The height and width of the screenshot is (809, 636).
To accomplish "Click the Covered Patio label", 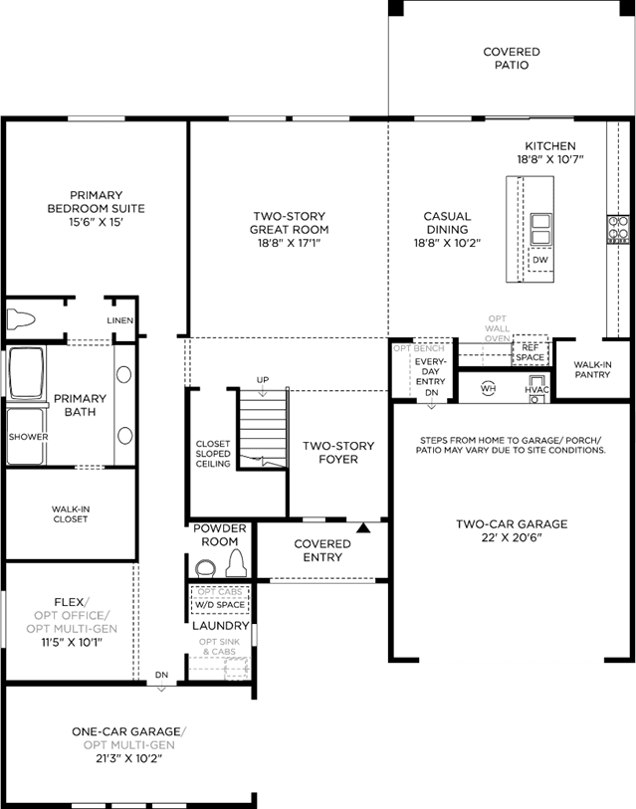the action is tap(512, 59).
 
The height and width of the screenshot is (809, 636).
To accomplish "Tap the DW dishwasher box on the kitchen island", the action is tap(540, 260).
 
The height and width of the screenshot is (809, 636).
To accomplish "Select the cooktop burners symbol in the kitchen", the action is tap(618, 228).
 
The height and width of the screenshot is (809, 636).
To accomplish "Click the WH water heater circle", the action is tap(488, 388).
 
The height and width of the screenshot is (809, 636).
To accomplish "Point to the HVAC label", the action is tap(536, 390).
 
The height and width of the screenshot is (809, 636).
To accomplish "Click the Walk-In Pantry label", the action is tap(592, 369).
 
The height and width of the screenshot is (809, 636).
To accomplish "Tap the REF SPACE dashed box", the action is tap(530, 351).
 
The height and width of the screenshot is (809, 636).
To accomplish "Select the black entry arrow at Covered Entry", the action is tap(364, 527).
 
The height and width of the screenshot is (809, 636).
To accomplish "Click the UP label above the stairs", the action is tap(263, 380).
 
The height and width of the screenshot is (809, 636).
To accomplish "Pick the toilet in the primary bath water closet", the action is tap(21, 319).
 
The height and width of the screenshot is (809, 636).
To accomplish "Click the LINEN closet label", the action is tap(120, 320).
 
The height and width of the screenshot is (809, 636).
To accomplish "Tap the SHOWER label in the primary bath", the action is tap(29, 437).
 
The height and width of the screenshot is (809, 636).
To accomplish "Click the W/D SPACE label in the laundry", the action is tap(220, 605).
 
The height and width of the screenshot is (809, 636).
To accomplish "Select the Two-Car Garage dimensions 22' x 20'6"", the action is tap(512, 537).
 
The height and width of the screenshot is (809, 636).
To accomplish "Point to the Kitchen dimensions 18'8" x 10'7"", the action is tap(550, 159).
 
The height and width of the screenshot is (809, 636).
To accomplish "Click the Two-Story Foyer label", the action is tap(338, 453).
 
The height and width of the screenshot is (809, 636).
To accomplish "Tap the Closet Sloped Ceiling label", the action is tap(213, 454).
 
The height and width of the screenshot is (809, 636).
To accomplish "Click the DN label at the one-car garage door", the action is tap(161, 675).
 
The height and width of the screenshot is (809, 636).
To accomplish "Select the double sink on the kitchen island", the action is tap(541, 229).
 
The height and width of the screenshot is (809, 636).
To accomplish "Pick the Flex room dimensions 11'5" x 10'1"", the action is tap(72, 643).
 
